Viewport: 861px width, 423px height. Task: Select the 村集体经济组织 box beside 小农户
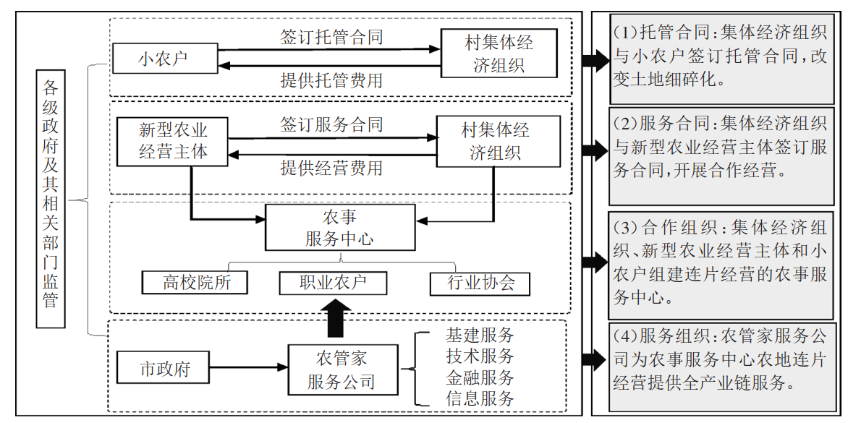tap(499, 53)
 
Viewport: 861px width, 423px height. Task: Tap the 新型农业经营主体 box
tap(173, 140)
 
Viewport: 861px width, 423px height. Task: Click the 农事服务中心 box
tap(339, 227)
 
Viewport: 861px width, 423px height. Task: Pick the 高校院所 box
tap(195, 282)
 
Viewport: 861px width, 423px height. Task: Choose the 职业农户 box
tap(333, 282)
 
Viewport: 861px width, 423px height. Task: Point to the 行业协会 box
tap(480, 283)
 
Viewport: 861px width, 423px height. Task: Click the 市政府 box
tap(164, 369)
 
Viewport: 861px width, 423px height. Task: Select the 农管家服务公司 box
tap(342, 369)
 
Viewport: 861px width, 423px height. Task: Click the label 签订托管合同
tap(331, 36)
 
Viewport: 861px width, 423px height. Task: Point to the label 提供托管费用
tap(331, 80)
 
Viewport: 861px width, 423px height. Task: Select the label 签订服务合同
tap(331, 124)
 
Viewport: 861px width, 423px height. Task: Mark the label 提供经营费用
tap(331, 168)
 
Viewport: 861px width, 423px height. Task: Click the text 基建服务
tap(480, 336)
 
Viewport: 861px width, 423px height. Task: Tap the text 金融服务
tap(480, 377)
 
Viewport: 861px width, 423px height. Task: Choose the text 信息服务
tap(480, 398)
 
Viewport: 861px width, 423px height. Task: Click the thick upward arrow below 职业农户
tap(334, 317)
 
